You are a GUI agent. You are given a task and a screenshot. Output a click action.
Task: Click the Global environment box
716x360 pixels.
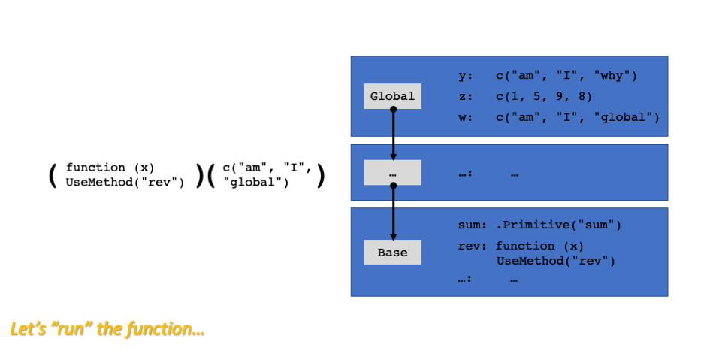tap(392, 96)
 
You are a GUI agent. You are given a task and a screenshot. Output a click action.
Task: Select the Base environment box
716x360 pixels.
tap(392, 253)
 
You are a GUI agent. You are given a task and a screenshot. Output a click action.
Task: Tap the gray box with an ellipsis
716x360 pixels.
tap(392, 173)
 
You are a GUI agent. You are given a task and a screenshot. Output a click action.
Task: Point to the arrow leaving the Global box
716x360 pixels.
tap(393, 134)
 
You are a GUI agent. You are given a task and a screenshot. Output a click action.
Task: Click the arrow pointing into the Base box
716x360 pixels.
tap(393, 212)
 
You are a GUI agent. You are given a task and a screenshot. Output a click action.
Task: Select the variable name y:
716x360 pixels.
tap(465, 76)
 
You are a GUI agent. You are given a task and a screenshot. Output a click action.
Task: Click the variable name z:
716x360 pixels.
tap(465, 96)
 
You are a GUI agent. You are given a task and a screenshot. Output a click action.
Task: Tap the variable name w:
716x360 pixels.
tap(465, 117)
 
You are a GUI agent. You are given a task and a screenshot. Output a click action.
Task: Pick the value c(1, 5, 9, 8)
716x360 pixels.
tap(544, 97)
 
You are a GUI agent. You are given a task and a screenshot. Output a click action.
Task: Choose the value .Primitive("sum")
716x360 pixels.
tap(558, 225)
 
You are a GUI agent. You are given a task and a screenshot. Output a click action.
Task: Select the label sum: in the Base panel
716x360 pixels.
tap(472, 225)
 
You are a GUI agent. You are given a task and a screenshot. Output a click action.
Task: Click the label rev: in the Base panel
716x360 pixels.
tap(472, 247)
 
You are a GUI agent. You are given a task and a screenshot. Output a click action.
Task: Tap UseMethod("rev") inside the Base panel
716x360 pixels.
tap(556, 262)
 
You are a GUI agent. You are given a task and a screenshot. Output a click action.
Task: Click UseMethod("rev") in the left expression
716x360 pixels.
tap(125, 183)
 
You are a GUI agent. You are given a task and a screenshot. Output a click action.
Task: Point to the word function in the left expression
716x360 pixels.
tap(95, 168)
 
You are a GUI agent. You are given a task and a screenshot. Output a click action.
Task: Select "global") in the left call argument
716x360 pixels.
tap(255, 183)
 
